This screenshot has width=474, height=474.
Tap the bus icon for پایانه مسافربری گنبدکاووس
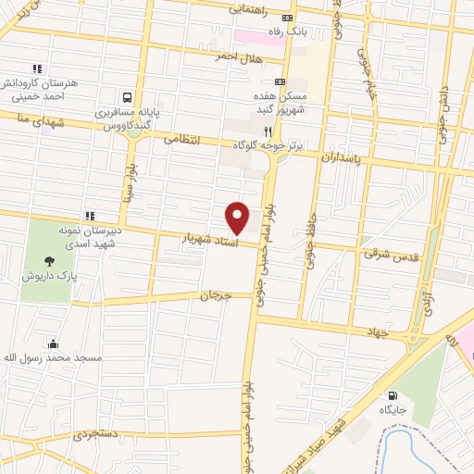click(127, 96)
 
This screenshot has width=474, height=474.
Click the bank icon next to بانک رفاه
click(288, 18)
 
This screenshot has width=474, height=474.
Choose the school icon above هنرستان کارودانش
click(37, 69)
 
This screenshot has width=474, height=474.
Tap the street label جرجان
click(213, 295)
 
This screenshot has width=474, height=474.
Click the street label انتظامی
click(182, 139)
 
